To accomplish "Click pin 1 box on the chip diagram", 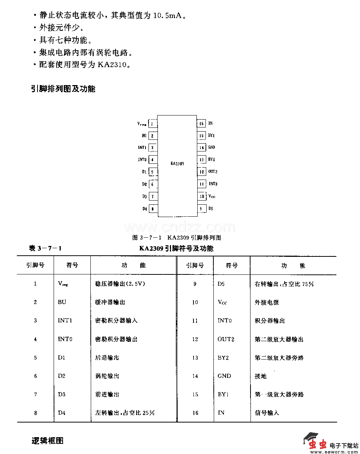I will [x=153, y=123].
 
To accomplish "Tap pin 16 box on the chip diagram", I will [x=201, y=123].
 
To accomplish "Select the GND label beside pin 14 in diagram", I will [x=211, y=147].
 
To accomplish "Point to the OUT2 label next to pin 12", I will [x=213, y=172].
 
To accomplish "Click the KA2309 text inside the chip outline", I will [x=177, y=163].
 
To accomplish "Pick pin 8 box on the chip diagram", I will [x=153, y=209].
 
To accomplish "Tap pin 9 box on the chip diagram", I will [x=201, y=209].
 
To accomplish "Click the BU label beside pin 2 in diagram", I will [x=144, y=136].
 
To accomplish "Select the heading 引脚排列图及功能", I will [x=63, y=89].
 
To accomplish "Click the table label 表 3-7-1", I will [x=45, y=248].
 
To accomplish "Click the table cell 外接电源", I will [x=267, y=302].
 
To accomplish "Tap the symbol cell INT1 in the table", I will [x=65, y=321].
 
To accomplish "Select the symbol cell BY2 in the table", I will [x=223, y=358].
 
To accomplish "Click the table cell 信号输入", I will [x=267, y=413].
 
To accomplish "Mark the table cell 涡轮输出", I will [x=107, y=376].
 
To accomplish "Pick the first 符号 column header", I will [x=72, y=265].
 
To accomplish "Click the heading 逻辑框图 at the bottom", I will [x=48, y=441].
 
